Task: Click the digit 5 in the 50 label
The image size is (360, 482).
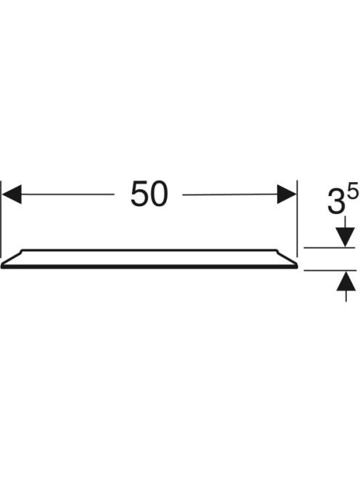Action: (140, 194)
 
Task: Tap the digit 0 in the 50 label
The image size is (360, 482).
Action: (159, 194)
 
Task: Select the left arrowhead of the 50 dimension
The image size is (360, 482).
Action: (12, 194)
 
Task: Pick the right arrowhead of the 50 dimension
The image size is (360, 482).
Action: (287, 194)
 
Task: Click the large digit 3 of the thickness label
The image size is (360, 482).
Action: (337, 202)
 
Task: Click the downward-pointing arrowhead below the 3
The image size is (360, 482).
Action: (345, 237)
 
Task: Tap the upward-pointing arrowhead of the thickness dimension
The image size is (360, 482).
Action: (346, 281)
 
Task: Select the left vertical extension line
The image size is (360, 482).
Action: (1, 219)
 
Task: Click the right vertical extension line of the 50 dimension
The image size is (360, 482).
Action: (298, 218)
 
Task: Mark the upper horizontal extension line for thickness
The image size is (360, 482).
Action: (330, 248)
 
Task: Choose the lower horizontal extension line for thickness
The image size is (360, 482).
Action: (330, 271)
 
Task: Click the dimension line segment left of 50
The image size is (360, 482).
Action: (67, 195)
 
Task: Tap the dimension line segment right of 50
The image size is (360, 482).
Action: (230, 195)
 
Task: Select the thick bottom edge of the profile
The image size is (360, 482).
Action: (150, 267)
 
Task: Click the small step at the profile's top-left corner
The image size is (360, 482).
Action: (22, 251)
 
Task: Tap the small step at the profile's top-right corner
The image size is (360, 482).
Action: (277, 251)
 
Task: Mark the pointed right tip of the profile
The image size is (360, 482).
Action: (298, 265)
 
